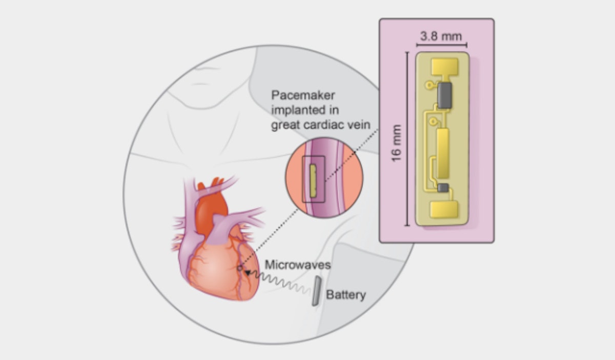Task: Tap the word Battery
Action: [x=346, y=295]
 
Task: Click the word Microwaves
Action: [x=298, y=265]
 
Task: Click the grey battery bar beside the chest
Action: [x=316, y=291]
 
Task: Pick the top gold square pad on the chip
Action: [x=444, y=66]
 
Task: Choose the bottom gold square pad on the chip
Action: [x=444, y=210]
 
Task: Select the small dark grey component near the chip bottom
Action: [x=443, y=188]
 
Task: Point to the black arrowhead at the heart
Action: [x=248, y=274]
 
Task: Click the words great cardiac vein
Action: [x=320, y=124]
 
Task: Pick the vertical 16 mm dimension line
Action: [x=407, y=138]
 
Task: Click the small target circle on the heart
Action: [x=239, y=268]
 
